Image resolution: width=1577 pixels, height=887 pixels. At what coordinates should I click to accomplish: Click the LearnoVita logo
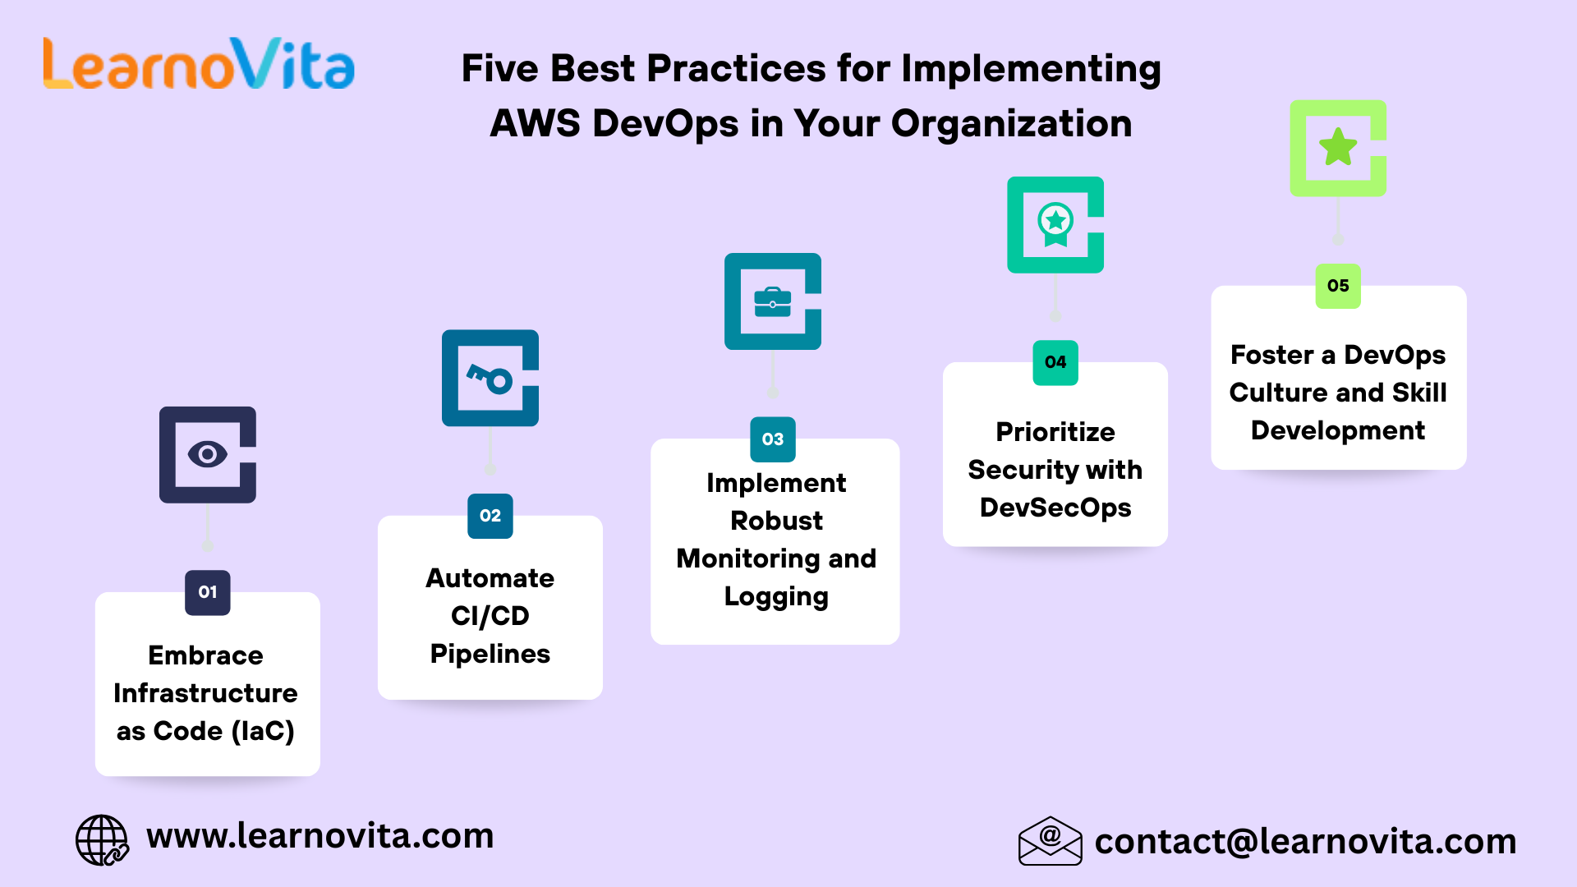point(199,64)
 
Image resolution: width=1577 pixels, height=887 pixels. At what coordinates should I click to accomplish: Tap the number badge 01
point(208,592)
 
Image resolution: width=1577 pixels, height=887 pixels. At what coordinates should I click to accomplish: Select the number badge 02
point(490,516)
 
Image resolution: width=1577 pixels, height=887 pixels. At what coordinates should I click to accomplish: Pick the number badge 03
point(773,439)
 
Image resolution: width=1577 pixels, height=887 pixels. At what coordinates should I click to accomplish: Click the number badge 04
point(1055,362)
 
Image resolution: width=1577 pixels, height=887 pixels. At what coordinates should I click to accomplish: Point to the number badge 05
point(1338,286)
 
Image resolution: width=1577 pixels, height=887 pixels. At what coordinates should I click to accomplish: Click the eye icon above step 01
point(207,454)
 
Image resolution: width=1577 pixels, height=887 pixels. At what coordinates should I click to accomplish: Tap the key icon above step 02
point(490,379)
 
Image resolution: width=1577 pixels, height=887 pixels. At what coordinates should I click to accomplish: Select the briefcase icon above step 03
point(773,301)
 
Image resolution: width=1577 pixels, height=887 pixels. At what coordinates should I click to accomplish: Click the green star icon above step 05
point(1338,148)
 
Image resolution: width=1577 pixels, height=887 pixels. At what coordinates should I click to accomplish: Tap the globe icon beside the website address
point(102,839)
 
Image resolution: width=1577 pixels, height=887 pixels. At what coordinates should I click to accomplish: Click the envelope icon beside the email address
point(1050,841)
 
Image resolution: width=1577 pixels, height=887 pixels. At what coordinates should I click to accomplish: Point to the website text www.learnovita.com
point(320,836)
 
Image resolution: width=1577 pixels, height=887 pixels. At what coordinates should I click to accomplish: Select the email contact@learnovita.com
point(1305,842)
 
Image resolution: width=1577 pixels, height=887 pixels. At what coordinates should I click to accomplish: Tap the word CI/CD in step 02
point(490,616)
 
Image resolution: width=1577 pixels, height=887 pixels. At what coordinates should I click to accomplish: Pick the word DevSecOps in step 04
point(1055,508)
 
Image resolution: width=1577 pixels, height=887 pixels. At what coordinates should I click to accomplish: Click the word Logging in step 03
point(776,597)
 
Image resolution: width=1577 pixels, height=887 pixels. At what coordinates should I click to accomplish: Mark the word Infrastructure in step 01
point(205,693)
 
